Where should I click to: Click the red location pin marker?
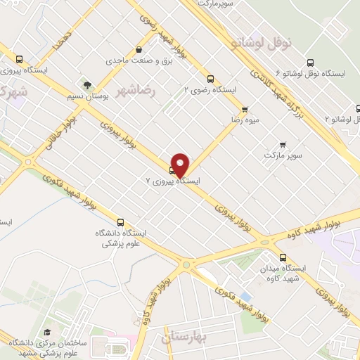(181, 165)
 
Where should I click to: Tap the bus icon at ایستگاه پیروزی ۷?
(172, 169)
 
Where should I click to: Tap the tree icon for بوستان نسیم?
(86, 84)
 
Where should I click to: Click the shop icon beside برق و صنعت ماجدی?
(140, 50)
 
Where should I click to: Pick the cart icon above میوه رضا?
(245, 109)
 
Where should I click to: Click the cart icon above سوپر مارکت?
(283, 143)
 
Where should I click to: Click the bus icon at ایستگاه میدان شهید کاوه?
(283, 257)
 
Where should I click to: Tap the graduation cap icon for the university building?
(47, 332)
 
